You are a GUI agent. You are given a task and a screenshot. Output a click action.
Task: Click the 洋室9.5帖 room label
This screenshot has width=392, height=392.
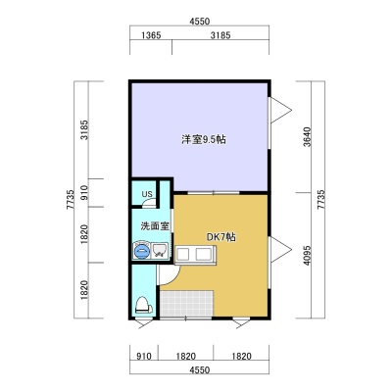pyautogui.click(x=204, y=140)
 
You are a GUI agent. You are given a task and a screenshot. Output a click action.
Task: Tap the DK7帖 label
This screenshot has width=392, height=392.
pyautogui.click(x=221, y=237)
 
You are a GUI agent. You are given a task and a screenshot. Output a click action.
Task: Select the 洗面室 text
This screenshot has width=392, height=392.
pyautogui.click(x=155, y=225)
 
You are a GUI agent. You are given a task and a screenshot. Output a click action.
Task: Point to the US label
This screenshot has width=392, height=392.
pyautogui.click(x=147, y=194)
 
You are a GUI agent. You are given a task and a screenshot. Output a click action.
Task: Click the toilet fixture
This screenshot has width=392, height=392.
pyautogui.click(x=143, y=306)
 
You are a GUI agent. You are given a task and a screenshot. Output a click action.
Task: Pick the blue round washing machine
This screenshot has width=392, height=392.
pyautogui.click(x=142, y=251)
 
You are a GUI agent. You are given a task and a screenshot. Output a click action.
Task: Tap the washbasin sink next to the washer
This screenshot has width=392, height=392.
pyautogui.click(x=160, y=251)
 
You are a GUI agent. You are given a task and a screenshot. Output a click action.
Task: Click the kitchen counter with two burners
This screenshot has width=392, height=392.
pyautogui.click(x=195, y=255)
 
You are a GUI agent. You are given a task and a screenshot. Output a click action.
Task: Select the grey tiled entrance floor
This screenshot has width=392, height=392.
pyautogui.click(x=186, y=303)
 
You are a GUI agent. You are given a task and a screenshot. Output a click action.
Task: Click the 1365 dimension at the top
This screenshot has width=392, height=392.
pyautogui.click(x=151, y=35)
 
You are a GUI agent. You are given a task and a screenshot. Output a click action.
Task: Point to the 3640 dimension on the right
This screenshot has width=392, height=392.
pyautogui.click(x=307, y=137)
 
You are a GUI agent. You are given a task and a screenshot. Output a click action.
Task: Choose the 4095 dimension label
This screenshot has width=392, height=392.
pyautogui.click(x=307, y=255)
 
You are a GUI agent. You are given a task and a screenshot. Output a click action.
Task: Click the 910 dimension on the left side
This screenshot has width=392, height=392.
pyautogui.click(x=84, y=193)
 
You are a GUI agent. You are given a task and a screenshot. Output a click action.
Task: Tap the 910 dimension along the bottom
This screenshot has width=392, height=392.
pyautogui.click(x=144, y=356)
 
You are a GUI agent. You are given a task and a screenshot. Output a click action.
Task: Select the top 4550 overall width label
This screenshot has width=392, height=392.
pyautogui.click(x=199, y=22)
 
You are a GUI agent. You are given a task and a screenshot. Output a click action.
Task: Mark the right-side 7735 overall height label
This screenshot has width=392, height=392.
pyautogui.click(x=320, y=200)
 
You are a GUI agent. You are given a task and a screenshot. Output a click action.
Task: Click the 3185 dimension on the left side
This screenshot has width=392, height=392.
pyautogui.click(x=84, y=129)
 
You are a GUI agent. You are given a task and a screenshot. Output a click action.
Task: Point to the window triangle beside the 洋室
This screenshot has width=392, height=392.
pyautogui.click(x=280, y=111)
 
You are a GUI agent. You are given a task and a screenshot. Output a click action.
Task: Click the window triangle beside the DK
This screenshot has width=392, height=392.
pyautogui.click(x=280, y=250)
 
